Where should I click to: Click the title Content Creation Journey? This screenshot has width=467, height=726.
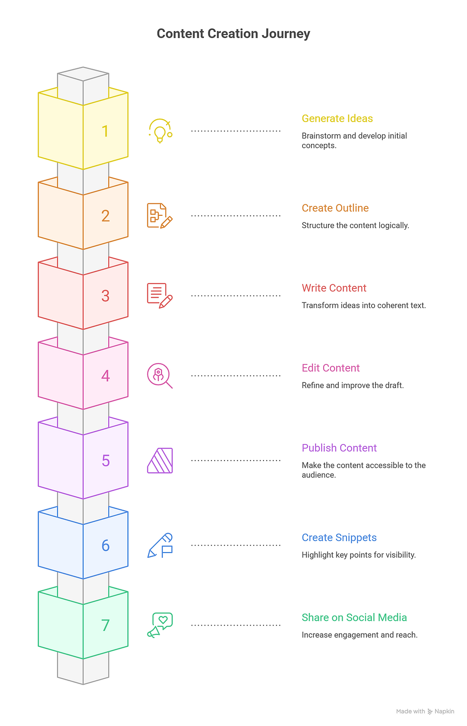[233, 34]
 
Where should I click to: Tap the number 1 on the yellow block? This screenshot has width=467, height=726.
[105, 131]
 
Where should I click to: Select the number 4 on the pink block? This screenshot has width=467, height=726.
[105, 376]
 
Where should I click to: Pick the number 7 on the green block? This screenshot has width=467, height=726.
[105, 625]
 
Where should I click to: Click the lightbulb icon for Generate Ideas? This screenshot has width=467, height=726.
[160, 131]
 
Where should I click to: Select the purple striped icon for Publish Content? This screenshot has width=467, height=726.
[160, 461]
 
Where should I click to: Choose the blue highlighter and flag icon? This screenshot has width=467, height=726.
[160, 545]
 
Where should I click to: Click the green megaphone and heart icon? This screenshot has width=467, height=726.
[160, 625]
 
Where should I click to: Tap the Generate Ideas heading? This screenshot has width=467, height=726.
[337, 119]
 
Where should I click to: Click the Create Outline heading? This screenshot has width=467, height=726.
[335, 208]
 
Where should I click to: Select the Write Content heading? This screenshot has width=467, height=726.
[334, 288]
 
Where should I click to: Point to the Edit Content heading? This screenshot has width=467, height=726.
[330, 368]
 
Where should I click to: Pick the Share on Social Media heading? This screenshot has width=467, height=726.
[354, 618]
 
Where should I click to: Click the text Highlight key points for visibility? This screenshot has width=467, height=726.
[358, 555]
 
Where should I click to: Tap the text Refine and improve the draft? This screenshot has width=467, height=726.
[352, 385]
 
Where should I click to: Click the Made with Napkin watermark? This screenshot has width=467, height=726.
[425, 711]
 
